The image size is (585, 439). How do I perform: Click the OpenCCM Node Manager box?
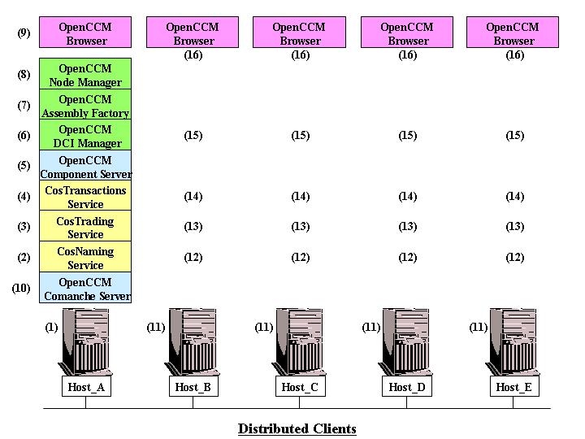[85, 75]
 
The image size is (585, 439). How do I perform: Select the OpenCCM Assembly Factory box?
[85, 106]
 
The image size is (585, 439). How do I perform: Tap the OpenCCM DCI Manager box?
[85, 136]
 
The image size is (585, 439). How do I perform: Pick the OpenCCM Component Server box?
[85, 167]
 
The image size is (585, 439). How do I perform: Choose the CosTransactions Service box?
[85, 197]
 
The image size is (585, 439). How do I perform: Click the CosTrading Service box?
[85, 228]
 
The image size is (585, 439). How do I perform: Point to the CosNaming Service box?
[85, 258]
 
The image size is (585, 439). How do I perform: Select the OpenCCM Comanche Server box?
[85, 289]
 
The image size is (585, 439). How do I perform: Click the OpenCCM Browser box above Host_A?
[86, 33]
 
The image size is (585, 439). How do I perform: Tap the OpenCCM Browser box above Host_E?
[513, 33]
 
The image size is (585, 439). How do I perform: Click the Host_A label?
[86, 387]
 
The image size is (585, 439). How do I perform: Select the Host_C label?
[300, 387]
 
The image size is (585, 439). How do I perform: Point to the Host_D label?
[407, 387]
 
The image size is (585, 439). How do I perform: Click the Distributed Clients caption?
[297, 428]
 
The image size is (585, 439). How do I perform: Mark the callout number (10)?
[21, 288]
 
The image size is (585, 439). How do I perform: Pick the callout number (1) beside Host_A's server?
[51, 327]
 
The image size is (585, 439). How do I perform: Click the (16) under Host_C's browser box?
[300, 55]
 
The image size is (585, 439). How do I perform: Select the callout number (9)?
[24, 33]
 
